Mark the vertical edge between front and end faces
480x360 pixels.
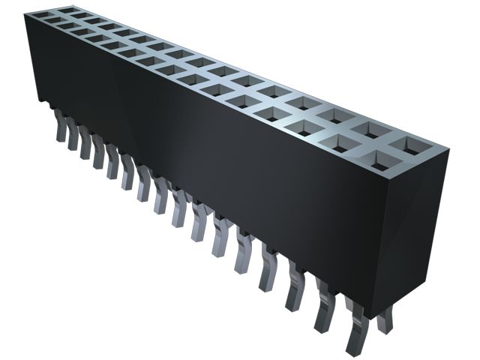coord(375,240)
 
